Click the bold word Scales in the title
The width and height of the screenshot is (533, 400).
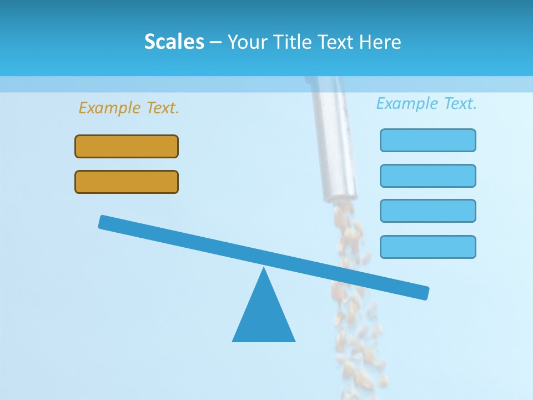pos(174,42)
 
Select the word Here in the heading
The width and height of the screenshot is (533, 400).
pos(380,42)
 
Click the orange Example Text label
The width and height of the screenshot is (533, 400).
pos(129,108)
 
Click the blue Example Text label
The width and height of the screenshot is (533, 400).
pos(426,103)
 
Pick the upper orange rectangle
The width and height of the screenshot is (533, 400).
pos(127,146)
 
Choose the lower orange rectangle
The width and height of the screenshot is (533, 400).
pos(127,182)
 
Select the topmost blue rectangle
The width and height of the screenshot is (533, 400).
pos(428,140)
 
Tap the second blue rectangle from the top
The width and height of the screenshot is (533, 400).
pos(428,176)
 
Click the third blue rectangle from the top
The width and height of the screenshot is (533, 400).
pos(428,211)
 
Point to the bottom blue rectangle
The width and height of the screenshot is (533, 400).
pos(428,247)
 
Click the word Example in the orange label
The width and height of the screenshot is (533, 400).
pos(110,108)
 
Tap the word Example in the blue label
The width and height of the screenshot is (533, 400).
pos(408,103)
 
